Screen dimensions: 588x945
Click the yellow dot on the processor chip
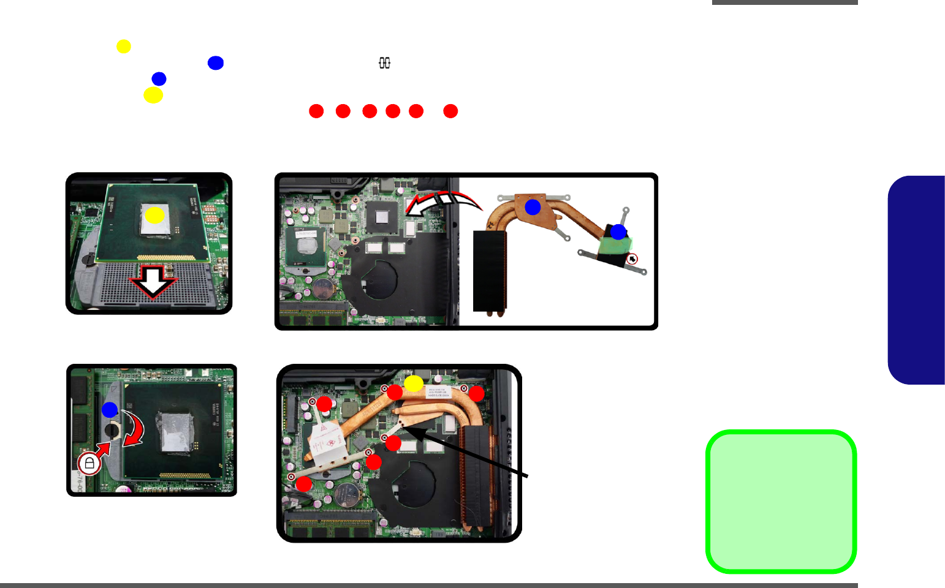(154, 215)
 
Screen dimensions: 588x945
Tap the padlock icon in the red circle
(89, 463)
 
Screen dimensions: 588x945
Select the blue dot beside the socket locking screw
(110, 409)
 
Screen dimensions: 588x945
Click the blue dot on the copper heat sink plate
(533, 207)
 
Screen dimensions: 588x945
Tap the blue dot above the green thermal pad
(618, 232)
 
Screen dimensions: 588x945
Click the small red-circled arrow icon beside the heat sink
(632, 259)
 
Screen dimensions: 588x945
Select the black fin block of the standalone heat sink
(490, 270)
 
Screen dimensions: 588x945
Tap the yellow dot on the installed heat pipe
(414, 383)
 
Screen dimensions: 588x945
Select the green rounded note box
(781, 502)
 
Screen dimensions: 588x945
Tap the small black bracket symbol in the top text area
(384, 63)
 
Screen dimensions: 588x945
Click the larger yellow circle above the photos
(153, 95)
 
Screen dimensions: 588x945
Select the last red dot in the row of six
(450, 111)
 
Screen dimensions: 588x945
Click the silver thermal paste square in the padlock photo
(176, 431)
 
